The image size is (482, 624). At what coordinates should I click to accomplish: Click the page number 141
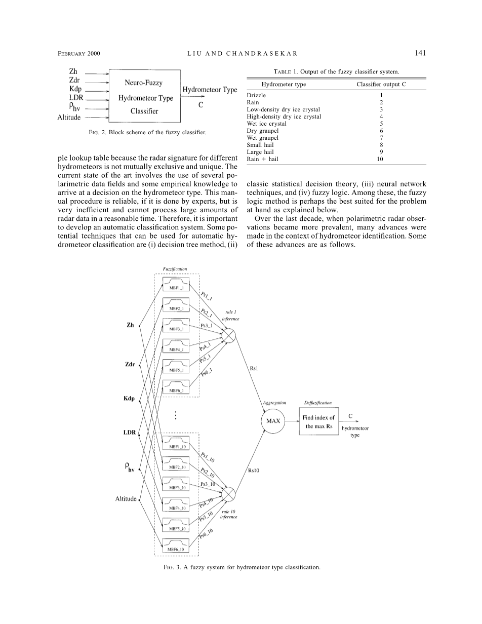[x=420, y=53]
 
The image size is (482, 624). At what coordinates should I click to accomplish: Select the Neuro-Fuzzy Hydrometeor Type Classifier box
[x=144, y=96]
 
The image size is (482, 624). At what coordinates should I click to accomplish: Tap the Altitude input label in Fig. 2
[x=69, y=118]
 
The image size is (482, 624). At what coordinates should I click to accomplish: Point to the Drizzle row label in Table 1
[x=256, y=95]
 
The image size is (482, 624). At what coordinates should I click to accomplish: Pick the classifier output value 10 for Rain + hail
[x=381, y=159]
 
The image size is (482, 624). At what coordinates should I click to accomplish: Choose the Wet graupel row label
[x=262, y=138]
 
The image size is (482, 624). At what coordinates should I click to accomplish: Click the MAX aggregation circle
[x=273, y=421]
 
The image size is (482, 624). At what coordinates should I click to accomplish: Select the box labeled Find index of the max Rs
[x=318, y=421]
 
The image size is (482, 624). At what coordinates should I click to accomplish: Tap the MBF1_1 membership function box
[x=176, y=284]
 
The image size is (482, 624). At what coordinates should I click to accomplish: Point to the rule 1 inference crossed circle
[x=229, y=335]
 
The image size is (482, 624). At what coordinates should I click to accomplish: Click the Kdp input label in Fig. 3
[x=129, y=399]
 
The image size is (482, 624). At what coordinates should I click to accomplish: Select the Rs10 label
[x=254, y=471]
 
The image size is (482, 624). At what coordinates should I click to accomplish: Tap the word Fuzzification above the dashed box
[x=175, y=268]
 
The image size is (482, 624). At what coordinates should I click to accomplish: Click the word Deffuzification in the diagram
[x=317, y=403]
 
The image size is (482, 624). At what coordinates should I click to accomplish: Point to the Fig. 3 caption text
[x=241, y=567]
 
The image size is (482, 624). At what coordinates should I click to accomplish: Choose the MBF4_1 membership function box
[x=176, y=345]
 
